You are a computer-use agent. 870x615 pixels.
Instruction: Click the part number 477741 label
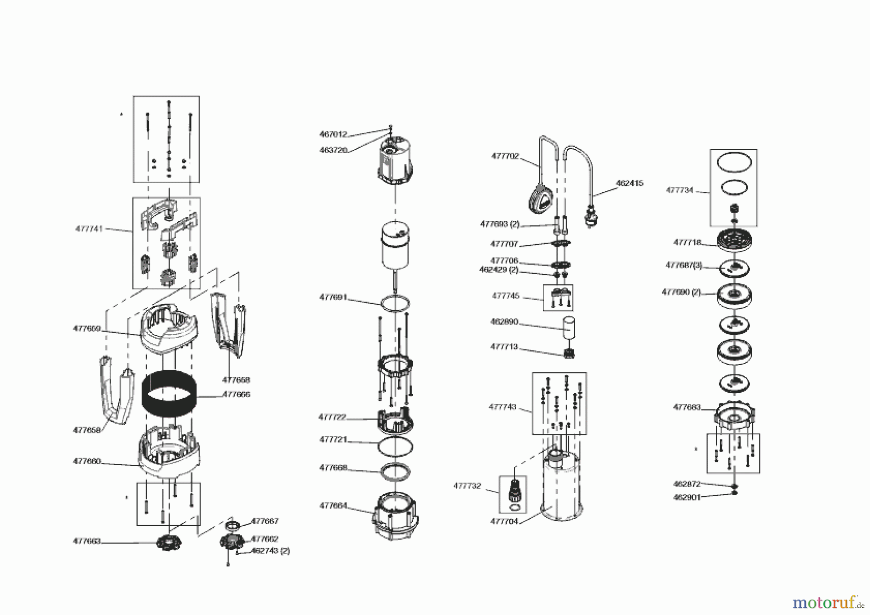[89, 229]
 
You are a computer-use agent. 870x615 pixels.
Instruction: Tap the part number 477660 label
[87, 461]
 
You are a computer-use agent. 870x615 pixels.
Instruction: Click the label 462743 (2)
[270, 550]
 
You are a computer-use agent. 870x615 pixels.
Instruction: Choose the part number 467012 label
[333, 134]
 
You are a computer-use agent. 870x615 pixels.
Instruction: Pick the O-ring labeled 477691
[395, 303]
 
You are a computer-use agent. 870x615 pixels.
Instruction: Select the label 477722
[332, 417]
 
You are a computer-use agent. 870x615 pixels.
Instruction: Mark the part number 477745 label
[506, 296]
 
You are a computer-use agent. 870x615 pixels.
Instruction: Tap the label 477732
[467, 486]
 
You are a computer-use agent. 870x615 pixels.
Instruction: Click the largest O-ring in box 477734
[734, 161]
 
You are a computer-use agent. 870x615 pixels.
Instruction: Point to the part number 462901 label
[686, 497]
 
